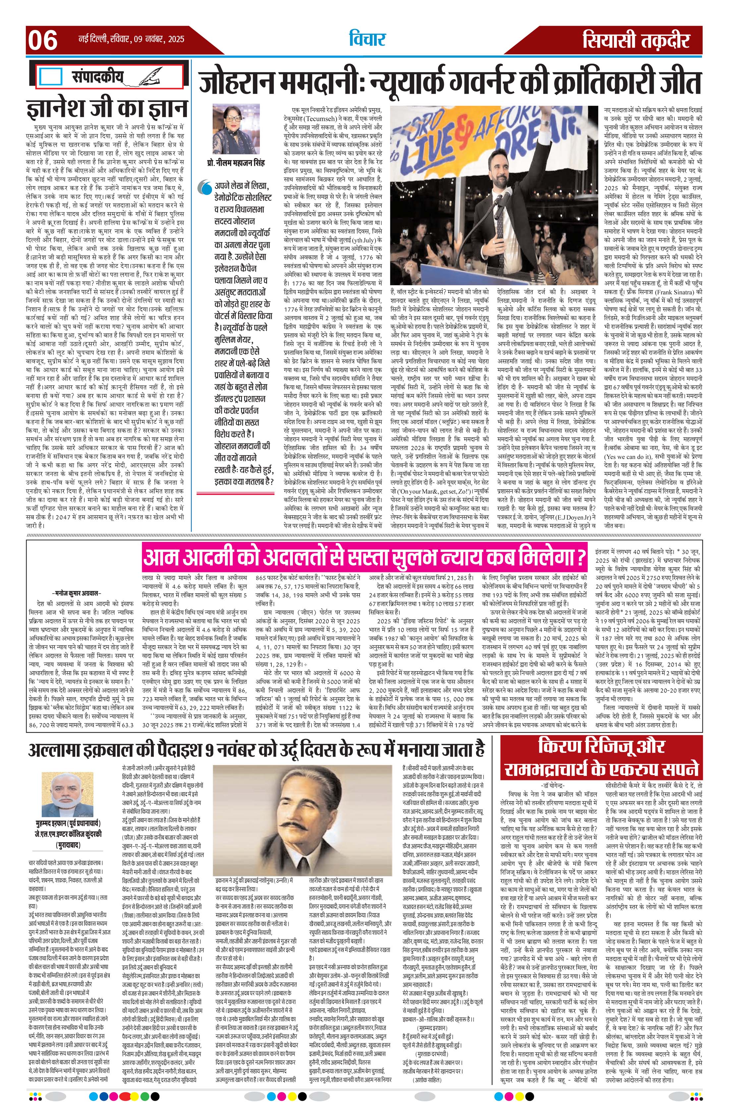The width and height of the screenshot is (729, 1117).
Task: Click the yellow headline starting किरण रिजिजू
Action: pos(601,759)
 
